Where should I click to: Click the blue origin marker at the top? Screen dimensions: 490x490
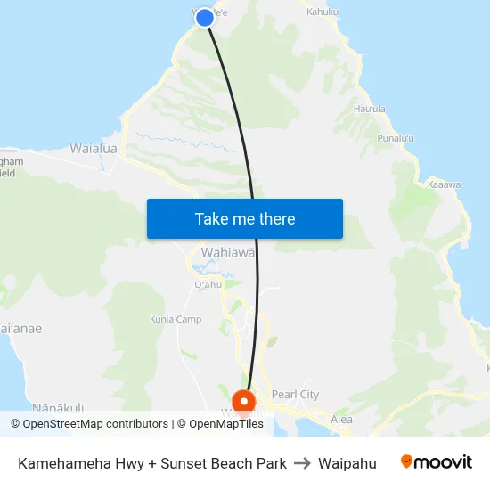pos(204,17)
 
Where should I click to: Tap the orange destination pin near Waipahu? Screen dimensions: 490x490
pos(242,401)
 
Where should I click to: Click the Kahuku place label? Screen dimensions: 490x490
pos(323,12)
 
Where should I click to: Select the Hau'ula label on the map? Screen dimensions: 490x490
pos(369,109)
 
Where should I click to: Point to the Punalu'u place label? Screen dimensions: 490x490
pos(396,138)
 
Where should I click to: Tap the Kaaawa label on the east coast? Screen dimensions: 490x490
pos(443,184)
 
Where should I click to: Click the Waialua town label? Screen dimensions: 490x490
pos(94,149)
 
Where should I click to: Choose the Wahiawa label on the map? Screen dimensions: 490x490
pos(228,252)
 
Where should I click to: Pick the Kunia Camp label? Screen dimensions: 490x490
pos(176,319)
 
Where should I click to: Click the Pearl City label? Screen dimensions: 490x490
pos(295,395)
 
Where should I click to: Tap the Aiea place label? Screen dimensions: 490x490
pos(341,420)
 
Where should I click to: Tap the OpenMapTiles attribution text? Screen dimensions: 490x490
pos(220,424)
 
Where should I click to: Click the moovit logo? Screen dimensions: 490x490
pos(437,462)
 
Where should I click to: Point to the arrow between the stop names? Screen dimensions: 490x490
pos(302,463)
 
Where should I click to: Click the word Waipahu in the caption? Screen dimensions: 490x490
pos(347,463)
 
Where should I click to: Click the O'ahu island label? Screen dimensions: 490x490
pos(207,284)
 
